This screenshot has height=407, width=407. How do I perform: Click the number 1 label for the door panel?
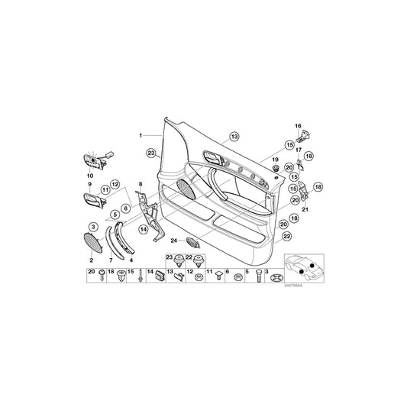(x=141, y=134)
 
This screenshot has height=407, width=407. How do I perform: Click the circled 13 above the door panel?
(x=234, y=136)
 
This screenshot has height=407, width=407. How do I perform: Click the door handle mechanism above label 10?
(x=96, y=160)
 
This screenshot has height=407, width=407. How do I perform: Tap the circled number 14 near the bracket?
(x=142, y=228)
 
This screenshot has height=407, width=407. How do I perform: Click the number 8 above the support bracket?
(x=141, y=185)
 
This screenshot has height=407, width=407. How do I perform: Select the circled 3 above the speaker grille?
(x=93, y=227)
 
